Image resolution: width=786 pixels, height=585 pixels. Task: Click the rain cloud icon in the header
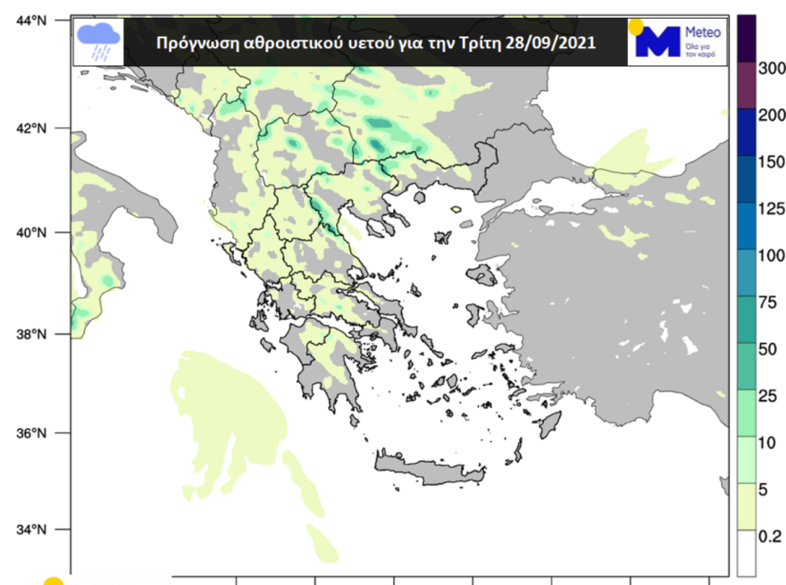coord(99,40)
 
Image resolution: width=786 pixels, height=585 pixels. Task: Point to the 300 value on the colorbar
coord(770,67)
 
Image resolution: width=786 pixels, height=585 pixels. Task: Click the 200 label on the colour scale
coord(770,114)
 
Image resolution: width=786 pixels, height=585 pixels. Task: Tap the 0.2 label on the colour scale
coord(770,536)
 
